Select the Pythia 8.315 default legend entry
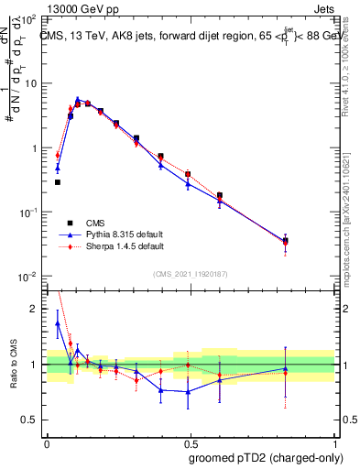point(119,234)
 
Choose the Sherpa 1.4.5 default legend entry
point(119,246)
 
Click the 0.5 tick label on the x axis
point(190,442)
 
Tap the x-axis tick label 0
point(47,442)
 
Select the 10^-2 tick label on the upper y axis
point(27,277)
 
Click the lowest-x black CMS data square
point(58,182)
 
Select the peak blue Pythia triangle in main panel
point(78,99)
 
